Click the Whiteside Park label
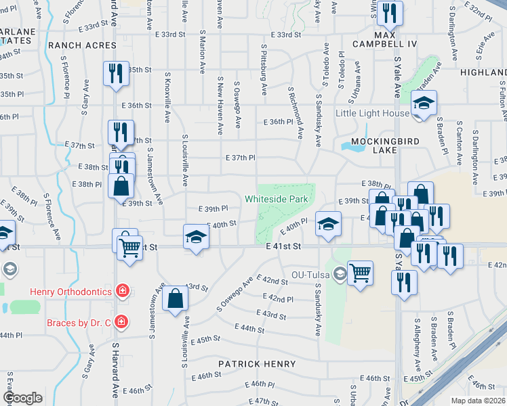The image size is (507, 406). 276,199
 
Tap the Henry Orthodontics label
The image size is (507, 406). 70,292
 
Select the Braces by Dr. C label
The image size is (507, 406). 79,323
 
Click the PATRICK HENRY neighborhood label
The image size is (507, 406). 256,364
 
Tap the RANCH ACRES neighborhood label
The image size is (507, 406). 82,45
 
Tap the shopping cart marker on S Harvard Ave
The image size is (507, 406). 129,247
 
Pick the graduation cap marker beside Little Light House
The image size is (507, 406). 424,104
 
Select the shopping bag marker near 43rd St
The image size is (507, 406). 175,298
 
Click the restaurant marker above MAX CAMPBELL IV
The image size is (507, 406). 390,12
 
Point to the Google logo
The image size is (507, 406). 23,398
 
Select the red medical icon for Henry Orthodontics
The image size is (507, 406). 122,292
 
